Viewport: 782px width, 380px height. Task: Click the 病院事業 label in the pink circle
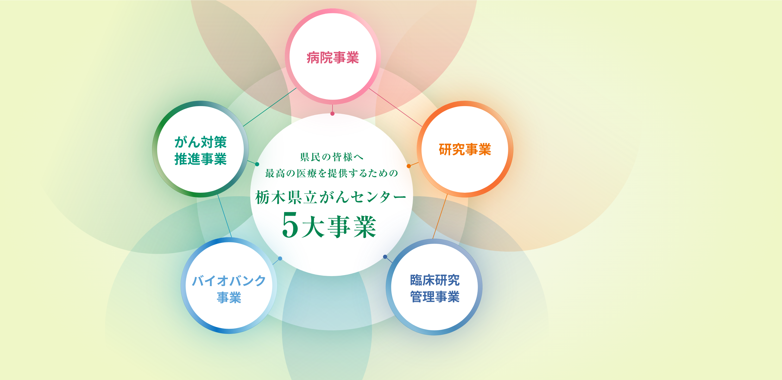coord(333,57)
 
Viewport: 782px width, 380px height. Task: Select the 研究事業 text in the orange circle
coord(465,149)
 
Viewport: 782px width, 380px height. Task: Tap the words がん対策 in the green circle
coord(200,142)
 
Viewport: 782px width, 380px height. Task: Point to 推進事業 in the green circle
coord(200,159)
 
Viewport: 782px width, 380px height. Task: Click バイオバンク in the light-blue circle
coord(229,281)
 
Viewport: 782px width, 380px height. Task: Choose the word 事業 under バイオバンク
coord(229,297)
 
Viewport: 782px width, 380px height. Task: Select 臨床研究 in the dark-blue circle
coord(435,280)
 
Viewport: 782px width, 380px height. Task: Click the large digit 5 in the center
coord(290,225)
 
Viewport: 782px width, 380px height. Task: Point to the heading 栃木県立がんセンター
coord(331,197)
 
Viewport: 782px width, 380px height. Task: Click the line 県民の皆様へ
coord(332,157)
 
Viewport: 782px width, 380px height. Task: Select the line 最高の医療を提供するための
coord(332,173)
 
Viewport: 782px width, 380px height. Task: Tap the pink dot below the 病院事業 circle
coord(332,113)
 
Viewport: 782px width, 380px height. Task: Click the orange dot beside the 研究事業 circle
coord(409,166)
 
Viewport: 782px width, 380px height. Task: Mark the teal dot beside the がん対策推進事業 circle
coord(257,164)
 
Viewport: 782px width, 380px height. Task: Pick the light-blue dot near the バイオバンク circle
coord(280,259)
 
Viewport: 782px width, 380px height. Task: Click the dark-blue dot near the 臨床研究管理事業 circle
coord(385,257)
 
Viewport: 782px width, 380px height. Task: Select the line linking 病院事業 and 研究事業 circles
coord(395,107)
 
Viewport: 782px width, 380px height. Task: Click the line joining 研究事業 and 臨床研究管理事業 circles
coord(440,216)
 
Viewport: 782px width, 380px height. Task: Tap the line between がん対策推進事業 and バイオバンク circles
coord(224,216)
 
